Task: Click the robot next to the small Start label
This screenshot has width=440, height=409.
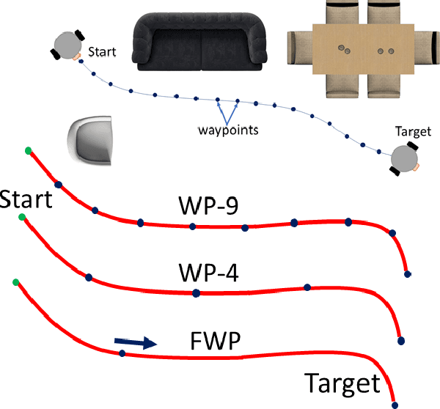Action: (x=67, y=45)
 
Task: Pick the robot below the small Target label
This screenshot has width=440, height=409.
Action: (x=403, y=159)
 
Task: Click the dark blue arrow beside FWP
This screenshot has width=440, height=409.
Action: (x=136, y=342)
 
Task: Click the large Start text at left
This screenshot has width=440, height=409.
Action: (x=26, y=199)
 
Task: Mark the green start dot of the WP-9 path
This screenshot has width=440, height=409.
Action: (x=28, y=150)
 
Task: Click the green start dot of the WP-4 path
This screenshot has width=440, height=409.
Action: (x=22, y=218)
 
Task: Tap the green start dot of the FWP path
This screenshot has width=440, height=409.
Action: (x=15, y=281)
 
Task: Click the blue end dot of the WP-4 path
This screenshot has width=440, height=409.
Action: (x=400, y=341)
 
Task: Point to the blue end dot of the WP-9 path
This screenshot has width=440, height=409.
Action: (x=408, y=274)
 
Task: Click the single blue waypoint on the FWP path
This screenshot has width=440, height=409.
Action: (x=122, y=353)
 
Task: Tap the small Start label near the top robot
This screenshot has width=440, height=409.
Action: (x=102, y=53)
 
